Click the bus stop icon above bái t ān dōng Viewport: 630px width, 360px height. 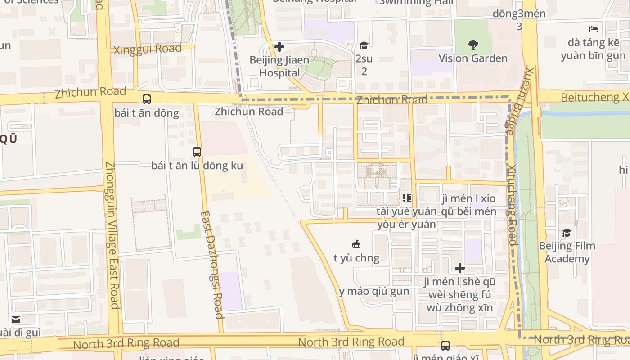[x=147, y=99]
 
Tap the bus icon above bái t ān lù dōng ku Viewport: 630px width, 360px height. [x=197, y=152]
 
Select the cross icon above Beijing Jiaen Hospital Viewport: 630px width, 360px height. [x=279, y=47]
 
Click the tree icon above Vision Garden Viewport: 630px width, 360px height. [x=473, y=45]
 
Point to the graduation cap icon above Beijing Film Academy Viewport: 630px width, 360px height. [x=567, y=233]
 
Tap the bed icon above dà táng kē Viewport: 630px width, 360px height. [x=594, y=30]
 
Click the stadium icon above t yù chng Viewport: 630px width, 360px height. [x=356, y=245]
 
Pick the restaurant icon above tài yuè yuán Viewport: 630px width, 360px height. [x=407, y=198]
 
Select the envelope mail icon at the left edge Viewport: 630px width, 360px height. [x=16, y=319]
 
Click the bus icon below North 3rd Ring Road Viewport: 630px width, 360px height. [x=445, y=346]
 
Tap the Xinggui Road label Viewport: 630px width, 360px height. [x=148, y=49]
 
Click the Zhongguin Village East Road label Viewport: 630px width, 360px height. [x=112, y=235]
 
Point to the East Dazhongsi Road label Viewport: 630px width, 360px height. [x=212, y=265]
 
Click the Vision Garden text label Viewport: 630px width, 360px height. [x=473, y=58]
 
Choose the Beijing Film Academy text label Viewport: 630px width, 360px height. [x=567, y=252]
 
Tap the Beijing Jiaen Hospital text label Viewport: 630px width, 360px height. [x=279, y=67]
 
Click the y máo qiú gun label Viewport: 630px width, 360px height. [x=374, y=292]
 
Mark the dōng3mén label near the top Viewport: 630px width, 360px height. [x=519, y=13]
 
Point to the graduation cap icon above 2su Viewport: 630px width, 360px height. [x=364, y=46]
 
